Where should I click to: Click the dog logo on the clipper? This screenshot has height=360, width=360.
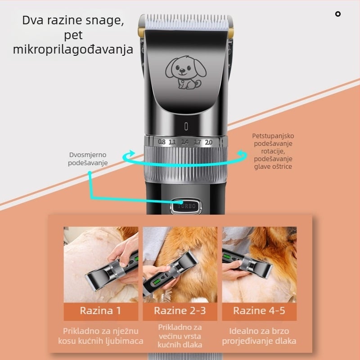pos(186,72)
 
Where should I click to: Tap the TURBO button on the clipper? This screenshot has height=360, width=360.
pos(186,206)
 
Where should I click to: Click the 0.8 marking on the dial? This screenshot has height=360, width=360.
pos(162,142)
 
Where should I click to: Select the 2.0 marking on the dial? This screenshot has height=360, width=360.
pos(208,142)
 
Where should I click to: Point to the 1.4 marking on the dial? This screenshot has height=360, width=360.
pos(185,142)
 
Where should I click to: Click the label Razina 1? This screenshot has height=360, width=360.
pos(100,310)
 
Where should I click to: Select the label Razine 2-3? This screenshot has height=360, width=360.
pos(180,310)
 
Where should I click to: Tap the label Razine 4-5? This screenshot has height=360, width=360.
pos(259,310)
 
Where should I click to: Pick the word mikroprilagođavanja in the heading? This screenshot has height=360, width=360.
pos(73,49)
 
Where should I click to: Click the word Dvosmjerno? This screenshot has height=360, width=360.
pos(88,155)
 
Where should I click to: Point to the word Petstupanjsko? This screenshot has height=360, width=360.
pos(273,136)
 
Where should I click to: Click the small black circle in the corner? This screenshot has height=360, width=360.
pos(338,14)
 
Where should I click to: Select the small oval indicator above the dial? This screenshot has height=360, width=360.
pos(186,126)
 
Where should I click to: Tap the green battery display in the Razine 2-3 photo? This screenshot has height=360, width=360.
pos(156,282)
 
